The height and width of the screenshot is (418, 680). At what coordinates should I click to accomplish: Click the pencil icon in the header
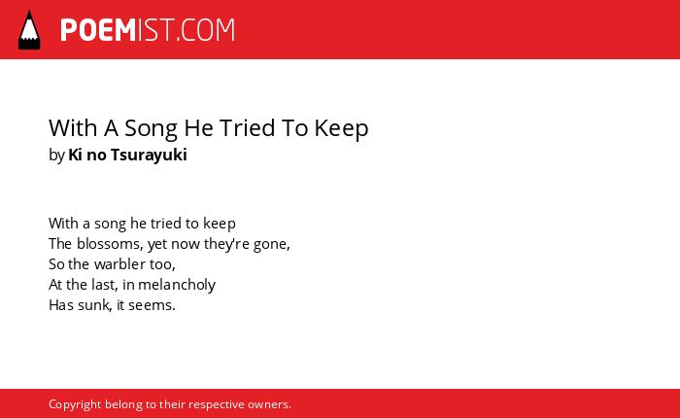pos(29,29)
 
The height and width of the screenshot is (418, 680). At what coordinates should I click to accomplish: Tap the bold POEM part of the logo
pos(98,30)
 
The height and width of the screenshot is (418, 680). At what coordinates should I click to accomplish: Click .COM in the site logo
pos(205,30)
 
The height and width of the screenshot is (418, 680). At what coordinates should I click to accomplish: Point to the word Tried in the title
pos(247,127)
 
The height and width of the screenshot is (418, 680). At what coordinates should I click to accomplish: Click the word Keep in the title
pos(341,128)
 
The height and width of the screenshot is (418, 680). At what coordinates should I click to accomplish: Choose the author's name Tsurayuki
pos(149,156)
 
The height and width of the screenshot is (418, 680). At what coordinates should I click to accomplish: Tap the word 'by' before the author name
pos(56,156)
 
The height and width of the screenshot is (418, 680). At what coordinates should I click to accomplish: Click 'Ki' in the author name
pos(75,155)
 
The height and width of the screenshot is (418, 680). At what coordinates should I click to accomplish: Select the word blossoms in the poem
pos(110,244)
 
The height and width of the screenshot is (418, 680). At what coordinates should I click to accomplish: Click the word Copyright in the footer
pos(75,404)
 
